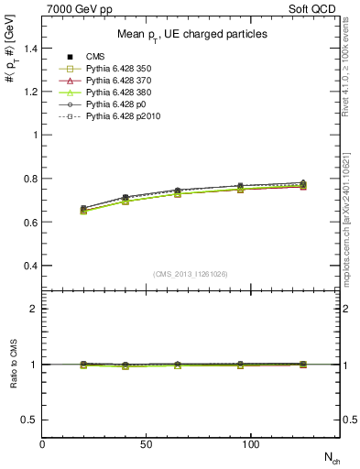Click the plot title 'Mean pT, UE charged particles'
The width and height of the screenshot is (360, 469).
pyautogui.click(x=191, y=34)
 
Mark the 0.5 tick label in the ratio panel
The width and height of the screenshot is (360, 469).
pyautogui.click(x=28, y=420)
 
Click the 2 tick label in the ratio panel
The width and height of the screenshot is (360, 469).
pyautogui.click(x=33, y=309)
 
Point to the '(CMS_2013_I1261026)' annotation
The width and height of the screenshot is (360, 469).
pyautogui.click(x=191, y=274)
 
